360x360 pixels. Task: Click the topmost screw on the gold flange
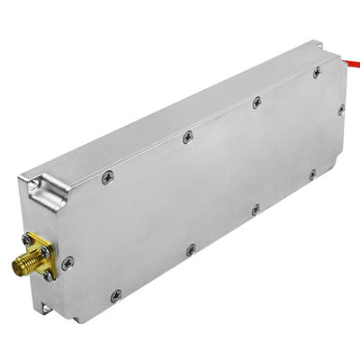[32, 238]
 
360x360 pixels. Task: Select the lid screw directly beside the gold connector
[68, 262]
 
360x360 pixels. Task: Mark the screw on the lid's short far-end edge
[341, 110]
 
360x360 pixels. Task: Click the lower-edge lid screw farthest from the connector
[311, 174]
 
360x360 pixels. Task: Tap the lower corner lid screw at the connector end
[115, 295]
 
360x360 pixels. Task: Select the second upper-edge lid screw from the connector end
[187, 137]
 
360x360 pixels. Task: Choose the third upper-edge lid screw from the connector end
[256, 103]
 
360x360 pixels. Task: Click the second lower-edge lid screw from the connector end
[190, 249]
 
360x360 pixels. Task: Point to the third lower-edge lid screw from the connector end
[255, 209]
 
